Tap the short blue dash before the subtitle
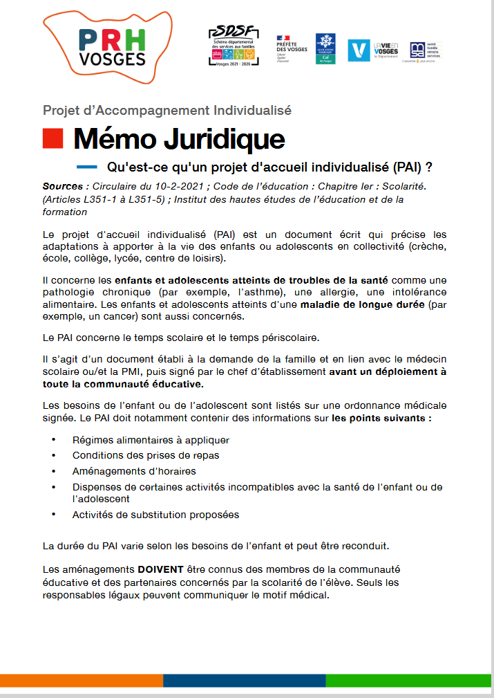click(x=86, y=167)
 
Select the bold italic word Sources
click(x=62, y=187)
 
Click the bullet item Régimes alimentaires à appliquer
click(x=151, y=440)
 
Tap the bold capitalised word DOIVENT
click(x=160, y=569)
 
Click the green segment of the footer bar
click(x=409, y=680)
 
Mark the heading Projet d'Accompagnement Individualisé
click(x=167, y=110)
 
